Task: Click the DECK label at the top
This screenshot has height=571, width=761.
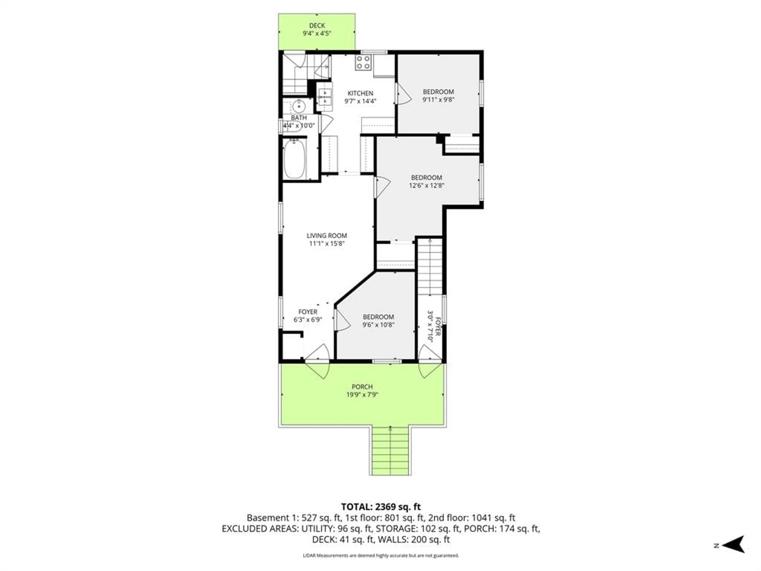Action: tap(317, 25)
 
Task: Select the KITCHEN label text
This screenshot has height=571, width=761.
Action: tap(360, 93)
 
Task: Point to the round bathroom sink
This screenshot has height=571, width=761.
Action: tap(299, 106)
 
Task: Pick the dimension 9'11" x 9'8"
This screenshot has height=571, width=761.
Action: tap(438, 100)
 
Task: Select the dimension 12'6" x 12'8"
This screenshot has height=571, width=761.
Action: tap(427, 186)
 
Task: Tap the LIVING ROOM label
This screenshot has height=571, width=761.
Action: tap(326, 236)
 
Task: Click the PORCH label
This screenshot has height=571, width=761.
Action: tap(362, 387)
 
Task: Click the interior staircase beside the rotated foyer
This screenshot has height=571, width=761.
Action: tap(430, 267)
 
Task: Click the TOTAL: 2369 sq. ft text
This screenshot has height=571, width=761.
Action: tap(380, 507)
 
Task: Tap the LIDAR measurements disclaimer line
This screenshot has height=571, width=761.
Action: tap(380, 556)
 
